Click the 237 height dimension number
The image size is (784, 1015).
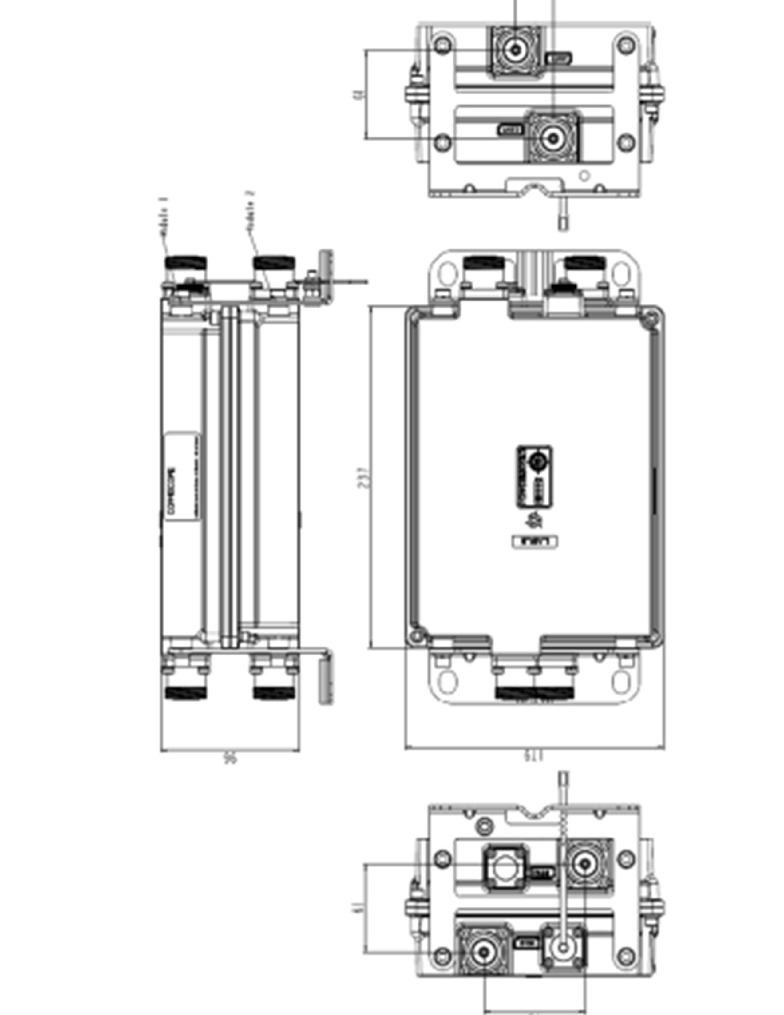[365, 477]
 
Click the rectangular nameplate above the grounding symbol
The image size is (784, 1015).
[535, 476]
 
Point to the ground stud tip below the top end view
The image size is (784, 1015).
[563, 223]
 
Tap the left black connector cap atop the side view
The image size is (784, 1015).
[187, 263]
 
